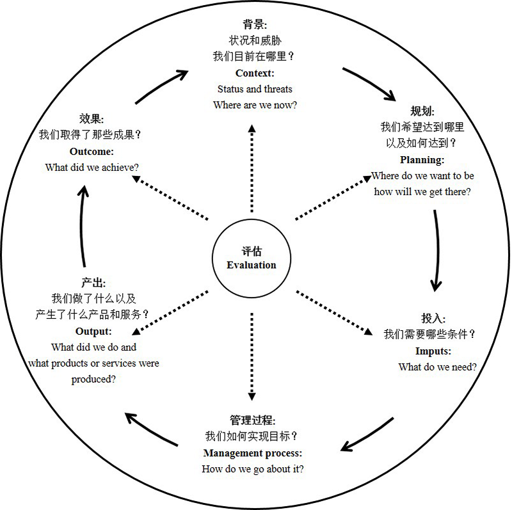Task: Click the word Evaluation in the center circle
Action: [252, 265]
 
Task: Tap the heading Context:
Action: [255, 74]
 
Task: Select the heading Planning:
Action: [422, 160]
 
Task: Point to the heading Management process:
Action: [253, 454]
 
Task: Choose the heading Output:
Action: [93, 331]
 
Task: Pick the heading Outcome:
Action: [92, 152]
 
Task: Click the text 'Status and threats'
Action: [255, 89]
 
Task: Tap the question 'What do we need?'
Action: [438, 367]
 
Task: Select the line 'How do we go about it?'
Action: [253, 469]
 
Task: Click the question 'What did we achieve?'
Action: [92, 167]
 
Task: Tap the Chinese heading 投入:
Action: [433, 319]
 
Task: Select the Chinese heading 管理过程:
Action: [252, 421]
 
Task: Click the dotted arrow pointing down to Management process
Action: [252, 355]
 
